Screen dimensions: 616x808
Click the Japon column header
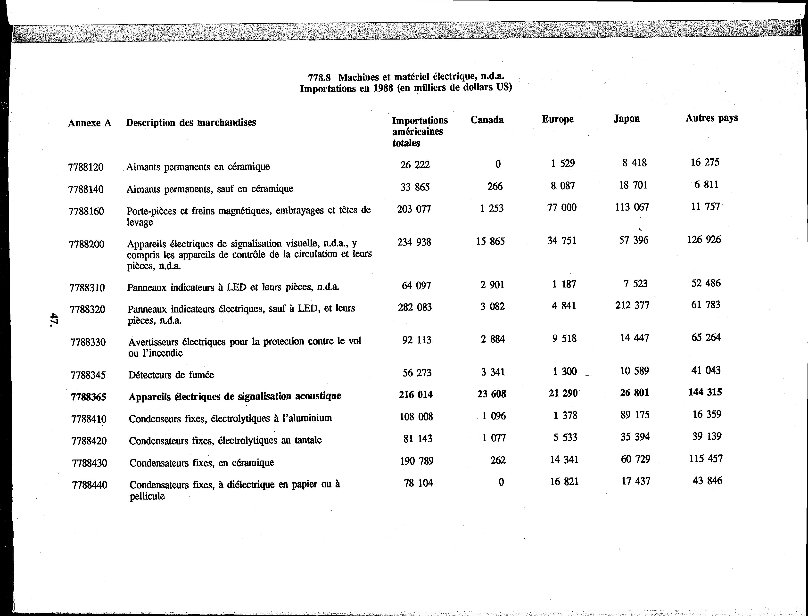pyautogui.click(x=627, y=119)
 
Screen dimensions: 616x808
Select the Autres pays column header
pyautogui.click(x=712, y=118)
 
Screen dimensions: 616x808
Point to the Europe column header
pyautogui.click(x=558, y=119)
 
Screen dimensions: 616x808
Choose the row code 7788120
pyautogui.click(x=86, y=167)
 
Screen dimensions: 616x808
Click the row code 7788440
pyautogui.click(x=90, y=485)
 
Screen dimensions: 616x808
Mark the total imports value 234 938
pyautogui.click(x=414, y=242)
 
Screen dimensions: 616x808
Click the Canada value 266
pyautogui.click(x=495, y=186)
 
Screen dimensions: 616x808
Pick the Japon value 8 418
pyautogui.click(x=634, y=163)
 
